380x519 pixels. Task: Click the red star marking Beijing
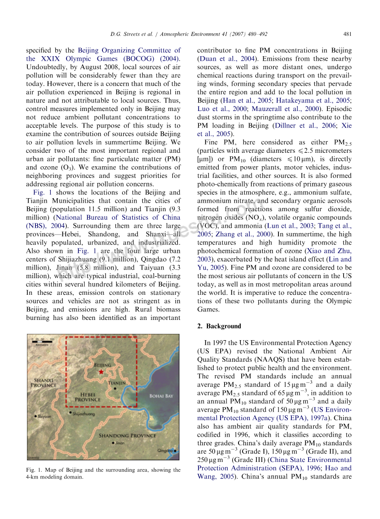[x=101, y=372]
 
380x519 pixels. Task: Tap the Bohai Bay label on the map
[x=161, y=396]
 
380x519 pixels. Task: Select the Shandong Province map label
[x=128, y=435]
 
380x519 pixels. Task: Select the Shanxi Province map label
[x=44, y=382]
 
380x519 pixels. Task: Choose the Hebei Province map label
[x=88, y=397]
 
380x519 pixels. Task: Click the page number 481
[x=347, y=34]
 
